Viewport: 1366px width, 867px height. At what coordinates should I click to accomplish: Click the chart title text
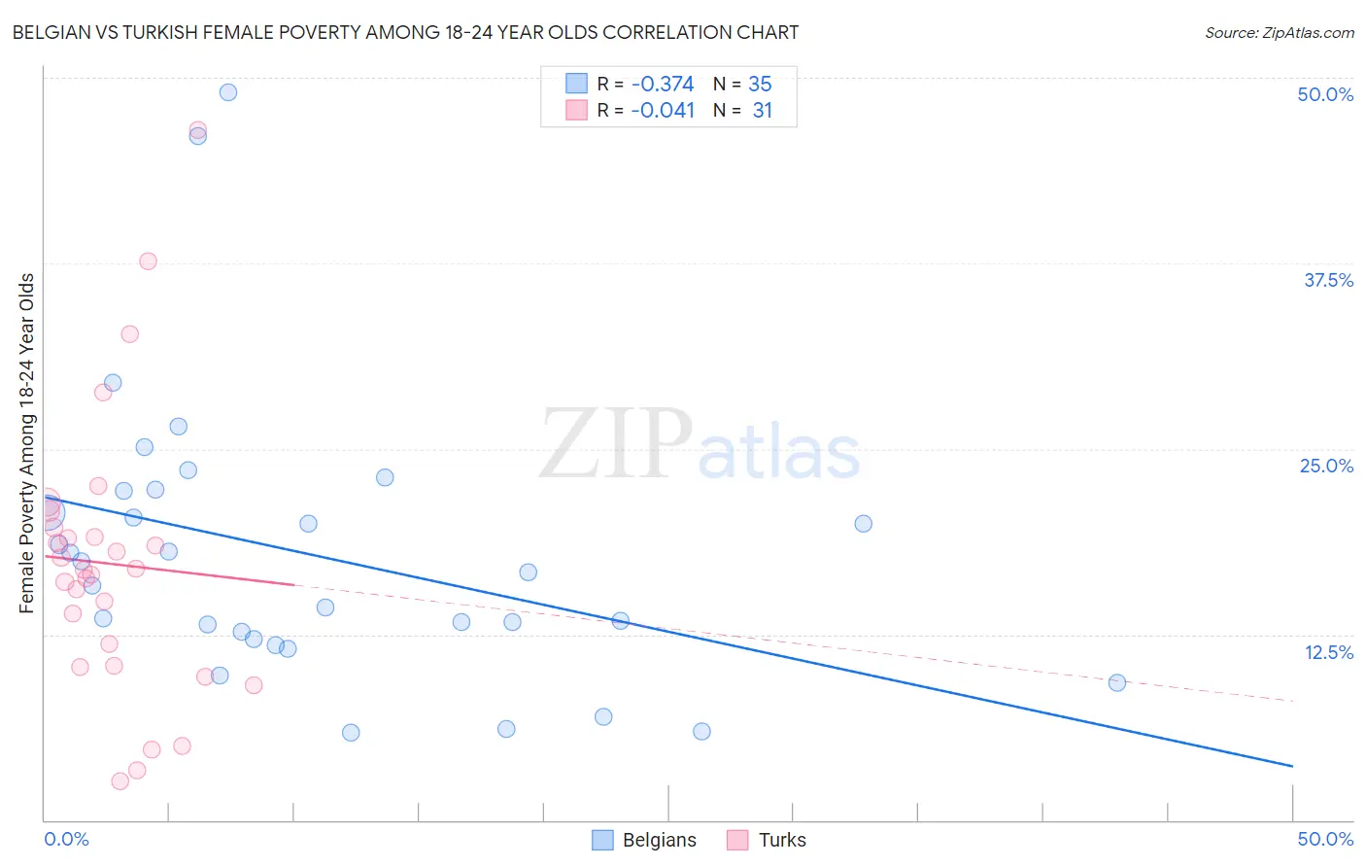405,32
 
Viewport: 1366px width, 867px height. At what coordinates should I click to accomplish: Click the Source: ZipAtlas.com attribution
1279,33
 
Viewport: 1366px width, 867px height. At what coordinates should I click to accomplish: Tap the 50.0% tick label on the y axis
1325,94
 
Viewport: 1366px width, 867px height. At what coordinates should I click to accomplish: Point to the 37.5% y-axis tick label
1328,280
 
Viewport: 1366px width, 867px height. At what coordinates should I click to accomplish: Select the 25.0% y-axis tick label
1326,466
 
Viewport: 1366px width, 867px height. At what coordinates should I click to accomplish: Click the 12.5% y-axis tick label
1328,652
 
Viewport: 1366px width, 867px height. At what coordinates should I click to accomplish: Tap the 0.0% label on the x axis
66,839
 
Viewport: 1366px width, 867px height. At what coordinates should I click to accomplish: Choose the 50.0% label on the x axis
1325,839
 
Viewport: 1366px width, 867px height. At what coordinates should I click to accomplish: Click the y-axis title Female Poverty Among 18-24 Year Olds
27,443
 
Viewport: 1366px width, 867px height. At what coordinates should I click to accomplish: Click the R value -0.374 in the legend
663,84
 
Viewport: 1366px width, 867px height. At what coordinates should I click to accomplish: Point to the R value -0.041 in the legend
663,110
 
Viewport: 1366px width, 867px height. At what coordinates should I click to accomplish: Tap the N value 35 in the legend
760,84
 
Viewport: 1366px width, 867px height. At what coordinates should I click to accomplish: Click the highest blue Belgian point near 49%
228,92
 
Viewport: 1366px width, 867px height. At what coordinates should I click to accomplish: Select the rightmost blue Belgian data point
1117,683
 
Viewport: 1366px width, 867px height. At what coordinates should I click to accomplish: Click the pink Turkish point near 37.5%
148,261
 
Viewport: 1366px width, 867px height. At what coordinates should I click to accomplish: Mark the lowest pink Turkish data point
120,781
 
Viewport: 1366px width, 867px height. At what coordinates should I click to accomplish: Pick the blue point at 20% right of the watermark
863,524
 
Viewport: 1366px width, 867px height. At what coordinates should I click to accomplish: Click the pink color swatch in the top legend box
576,110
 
